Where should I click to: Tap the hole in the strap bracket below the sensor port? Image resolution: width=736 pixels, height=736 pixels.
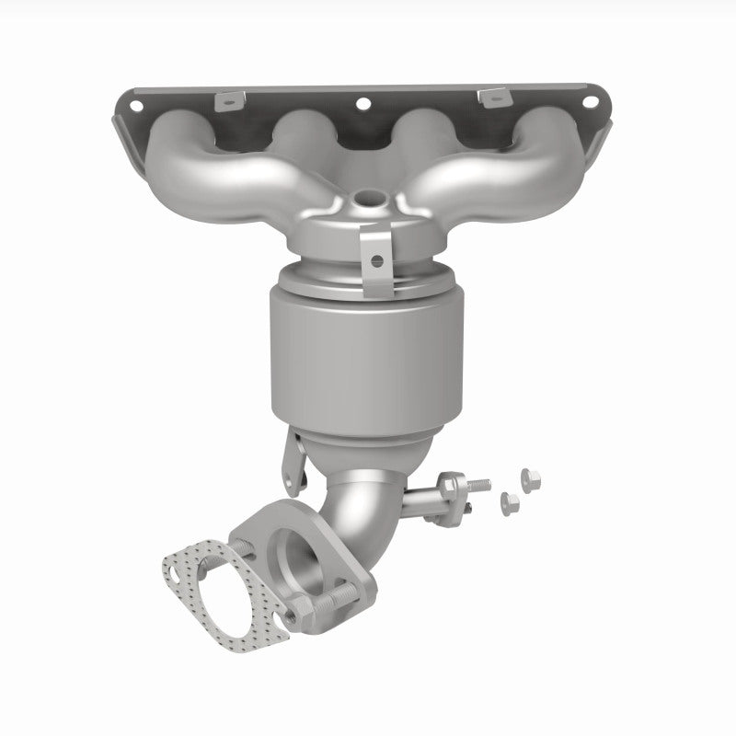point(374,260)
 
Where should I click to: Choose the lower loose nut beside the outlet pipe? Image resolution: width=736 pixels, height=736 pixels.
point(507,500)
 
